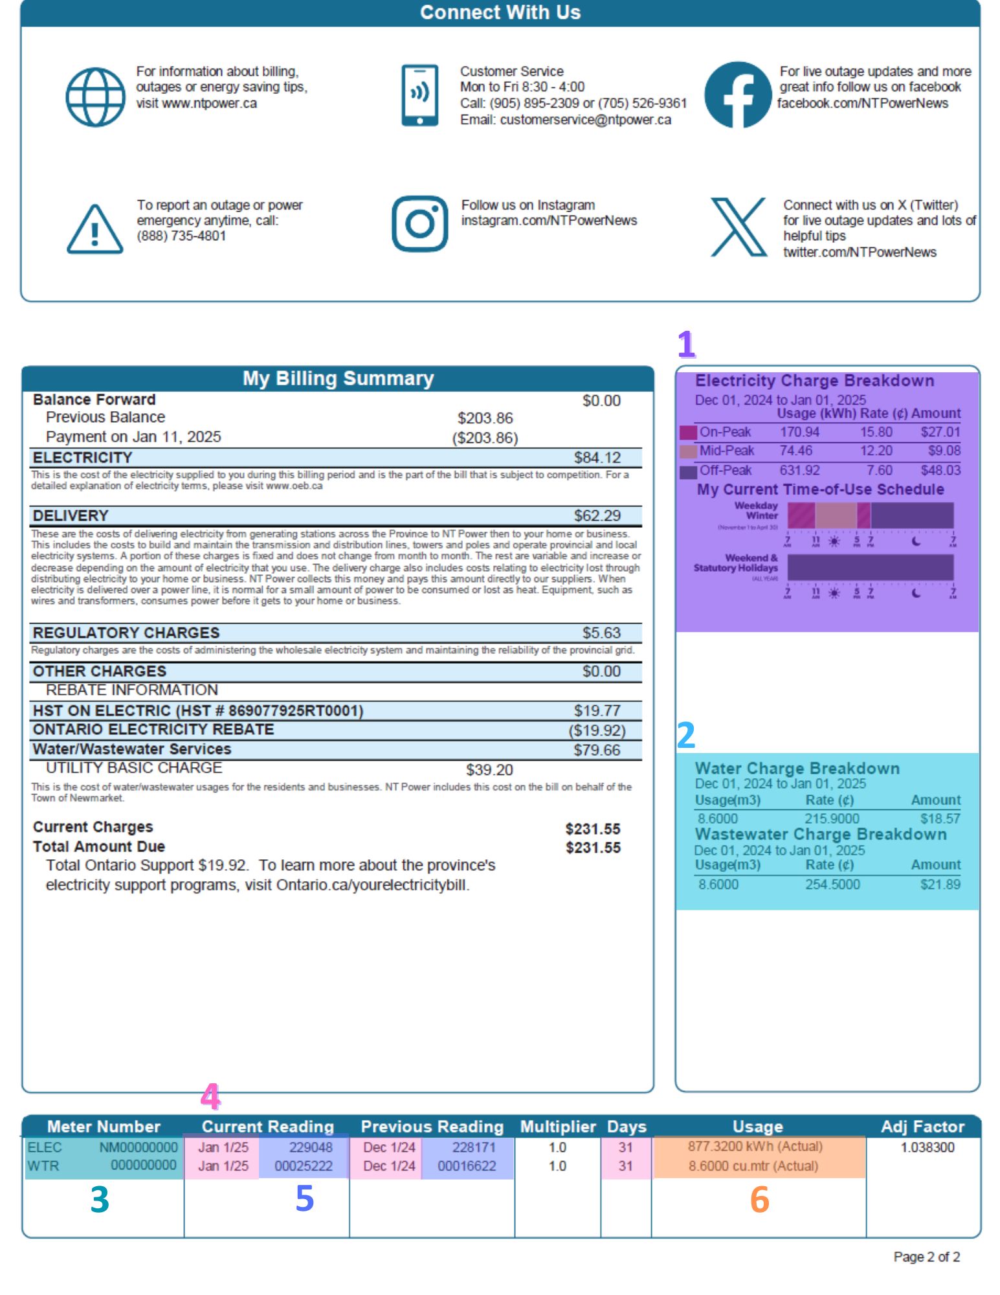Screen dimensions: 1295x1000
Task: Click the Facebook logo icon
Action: pyautogui.click(x=738, y=95)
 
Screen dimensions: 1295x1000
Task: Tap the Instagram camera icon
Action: pyautogui.click(x=419, y=224)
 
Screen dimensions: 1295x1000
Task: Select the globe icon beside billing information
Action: pyautogui.click(x=95, y=97)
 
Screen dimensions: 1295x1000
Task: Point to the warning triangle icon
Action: pyautogui.click(x=94, y=229)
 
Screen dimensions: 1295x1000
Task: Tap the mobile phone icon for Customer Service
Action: pyautogui.click(x=419, y=95)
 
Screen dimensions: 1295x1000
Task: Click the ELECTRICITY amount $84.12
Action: pyautogui.click(x=597, y=458)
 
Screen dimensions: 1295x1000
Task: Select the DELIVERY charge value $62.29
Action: pyautogui.click(x=597, y=515)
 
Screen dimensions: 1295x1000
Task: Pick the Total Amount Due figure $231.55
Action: pyautogui.click(x=593, y=848)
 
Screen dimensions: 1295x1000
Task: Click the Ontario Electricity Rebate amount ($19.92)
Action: pyautogui.click(x=597, y=730)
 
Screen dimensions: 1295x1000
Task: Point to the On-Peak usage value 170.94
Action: pyautogui.click(x=799, y=432)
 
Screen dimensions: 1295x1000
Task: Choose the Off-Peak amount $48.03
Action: pyautogui.click(x=940, y=470)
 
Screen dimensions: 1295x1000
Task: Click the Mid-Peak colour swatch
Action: pyautogui.click(x=688, y=451)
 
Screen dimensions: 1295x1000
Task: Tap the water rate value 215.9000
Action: pyautogui.click(x=832, y=818)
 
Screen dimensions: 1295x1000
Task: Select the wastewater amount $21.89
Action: pyautogui.click(x=940, y=884)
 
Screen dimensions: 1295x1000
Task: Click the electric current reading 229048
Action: pyautogui.click(x=311, y=1147)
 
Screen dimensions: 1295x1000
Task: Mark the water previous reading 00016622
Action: pyautogui.click(x=467, y=1166)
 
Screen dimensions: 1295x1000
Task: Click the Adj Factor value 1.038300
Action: pyautogui.click(x=927, y=1147)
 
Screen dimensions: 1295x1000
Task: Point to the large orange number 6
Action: pyautogui.click(x=759, y=1199)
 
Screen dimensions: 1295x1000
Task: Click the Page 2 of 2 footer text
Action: pyautogui.click(x=926, y=1257)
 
